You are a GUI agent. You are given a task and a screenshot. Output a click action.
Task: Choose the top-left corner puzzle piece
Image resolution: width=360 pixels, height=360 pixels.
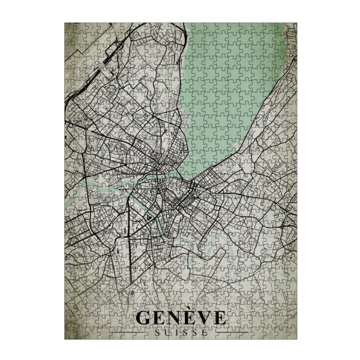[70, 28]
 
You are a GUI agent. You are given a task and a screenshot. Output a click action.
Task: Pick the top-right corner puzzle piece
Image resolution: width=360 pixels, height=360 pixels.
[291, 28]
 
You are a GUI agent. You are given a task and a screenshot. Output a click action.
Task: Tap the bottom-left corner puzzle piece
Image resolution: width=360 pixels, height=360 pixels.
[70, 334]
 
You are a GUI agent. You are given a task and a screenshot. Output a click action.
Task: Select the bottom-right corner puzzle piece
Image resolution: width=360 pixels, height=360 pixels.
[291, 334]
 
